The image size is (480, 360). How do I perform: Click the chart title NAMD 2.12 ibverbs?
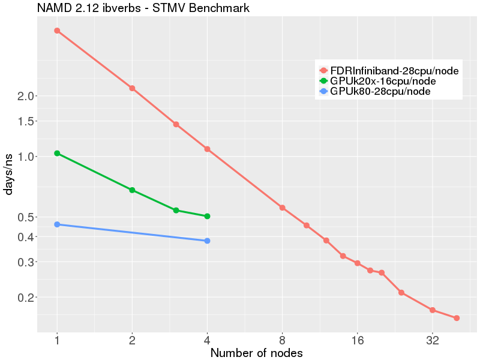(143, 8)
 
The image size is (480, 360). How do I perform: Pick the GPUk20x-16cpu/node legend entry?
(383, 81)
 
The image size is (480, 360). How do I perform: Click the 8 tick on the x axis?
(282, 340)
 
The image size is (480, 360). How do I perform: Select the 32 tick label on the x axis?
(432, 340)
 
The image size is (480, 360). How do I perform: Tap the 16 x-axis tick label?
(357, 340)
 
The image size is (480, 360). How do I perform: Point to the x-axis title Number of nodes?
(256, 353)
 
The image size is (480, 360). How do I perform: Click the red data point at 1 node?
(57, 31)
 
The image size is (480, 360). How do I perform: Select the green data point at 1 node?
(57, 154)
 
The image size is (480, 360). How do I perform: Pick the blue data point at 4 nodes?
(207, 241)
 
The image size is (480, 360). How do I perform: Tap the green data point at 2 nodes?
(132, 190)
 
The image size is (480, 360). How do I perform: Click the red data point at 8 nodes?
(282, 208)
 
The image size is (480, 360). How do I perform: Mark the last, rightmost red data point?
(457, 318)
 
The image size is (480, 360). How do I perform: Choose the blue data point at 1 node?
(57, 224)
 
